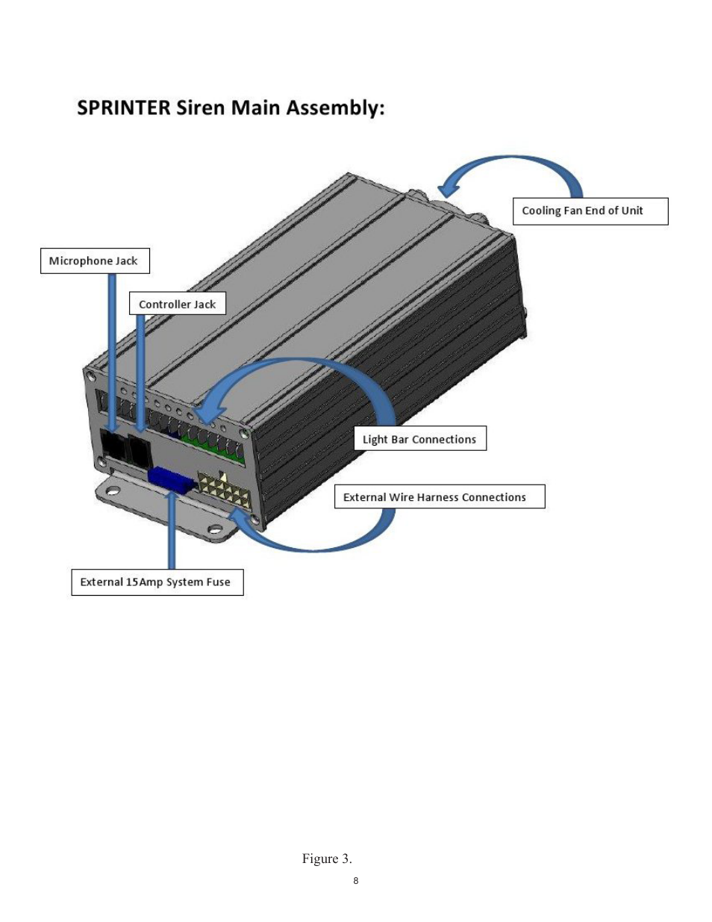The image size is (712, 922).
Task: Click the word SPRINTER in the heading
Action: (x=124, y=108)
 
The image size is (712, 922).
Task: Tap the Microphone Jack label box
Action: (x=95, y=261)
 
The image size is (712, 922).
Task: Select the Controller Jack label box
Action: (x=178, y=303)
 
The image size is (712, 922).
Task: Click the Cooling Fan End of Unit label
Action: (x=590, y=211)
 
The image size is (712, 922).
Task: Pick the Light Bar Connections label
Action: (x=420, y=438)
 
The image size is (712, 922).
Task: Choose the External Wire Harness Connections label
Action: (x=440, y=496)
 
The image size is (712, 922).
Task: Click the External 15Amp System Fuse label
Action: (x=157, y=582)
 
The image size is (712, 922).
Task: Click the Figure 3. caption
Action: (x=327, y=859)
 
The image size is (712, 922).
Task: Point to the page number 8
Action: (x=356, y=881)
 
